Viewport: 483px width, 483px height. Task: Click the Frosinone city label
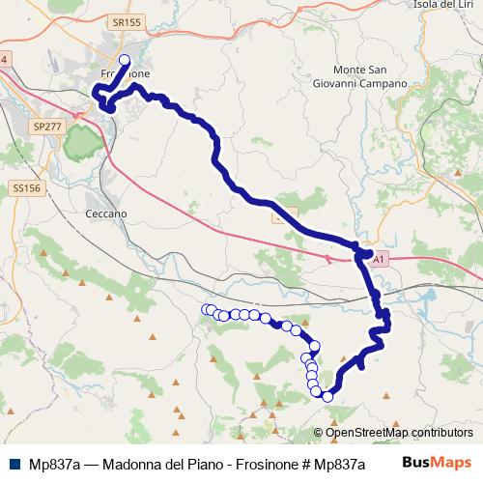[123, 74]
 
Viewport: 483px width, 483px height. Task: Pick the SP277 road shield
[45, 127]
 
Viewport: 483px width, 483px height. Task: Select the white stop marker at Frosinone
[124, 61]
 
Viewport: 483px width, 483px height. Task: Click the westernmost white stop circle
[206, 309]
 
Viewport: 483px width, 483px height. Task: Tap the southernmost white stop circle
[327, 396]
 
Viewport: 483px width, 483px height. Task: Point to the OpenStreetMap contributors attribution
[394, 433]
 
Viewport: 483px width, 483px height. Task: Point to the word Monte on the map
[350, 70]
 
